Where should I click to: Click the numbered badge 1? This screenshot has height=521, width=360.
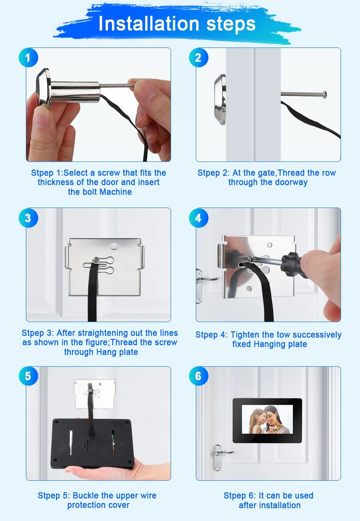(x=28, y=58)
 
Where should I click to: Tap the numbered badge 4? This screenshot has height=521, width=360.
(x=198, y=218)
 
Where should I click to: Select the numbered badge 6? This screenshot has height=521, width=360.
(x=198, y=376)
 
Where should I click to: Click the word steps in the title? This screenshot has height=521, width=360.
(x=231, y=24)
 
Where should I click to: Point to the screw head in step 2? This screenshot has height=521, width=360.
(x=324, y=94)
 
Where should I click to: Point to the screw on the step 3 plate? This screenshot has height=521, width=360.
(x=95, y=260)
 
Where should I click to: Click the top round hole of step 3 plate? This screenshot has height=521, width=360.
(x=114, y=247)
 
